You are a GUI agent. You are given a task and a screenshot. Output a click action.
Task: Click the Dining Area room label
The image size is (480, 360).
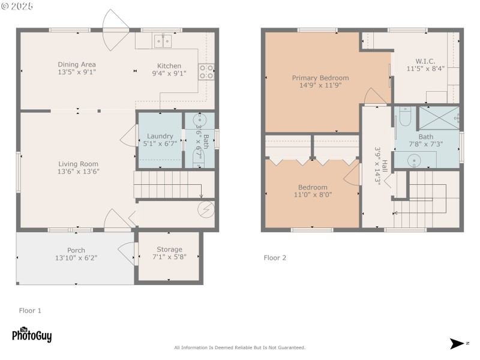pos(77,65)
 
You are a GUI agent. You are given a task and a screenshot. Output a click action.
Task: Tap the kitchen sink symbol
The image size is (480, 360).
pos(163,41)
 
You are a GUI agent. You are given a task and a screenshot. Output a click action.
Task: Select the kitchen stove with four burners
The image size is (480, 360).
pos(206,72)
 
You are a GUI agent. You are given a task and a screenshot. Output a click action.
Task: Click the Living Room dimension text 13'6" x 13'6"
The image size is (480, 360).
pos(78,172)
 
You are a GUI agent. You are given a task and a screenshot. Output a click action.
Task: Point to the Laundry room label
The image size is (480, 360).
pos(160,136)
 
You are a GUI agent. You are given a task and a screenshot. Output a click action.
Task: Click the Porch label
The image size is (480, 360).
pos(76,250)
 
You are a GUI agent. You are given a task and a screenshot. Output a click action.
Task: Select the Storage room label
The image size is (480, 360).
pos(169,250)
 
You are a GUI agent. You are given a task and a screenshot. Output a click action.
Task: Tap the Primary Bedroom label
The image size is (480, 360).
pos(320,78)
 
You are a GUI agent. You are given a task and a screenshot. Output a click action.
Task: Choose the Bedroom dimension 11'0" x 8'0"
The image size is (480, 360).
pos(313,194)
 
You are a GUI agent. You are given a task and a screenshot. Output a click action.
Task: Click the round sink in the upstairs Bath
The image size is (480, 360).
pos(413,160)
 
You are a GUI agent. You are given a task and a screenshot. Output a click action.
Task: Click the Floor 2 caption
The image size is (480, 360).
pos(275,258)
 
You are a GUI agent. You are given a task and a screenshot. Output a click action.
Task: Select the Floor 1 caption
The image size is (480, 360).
pos(30,311)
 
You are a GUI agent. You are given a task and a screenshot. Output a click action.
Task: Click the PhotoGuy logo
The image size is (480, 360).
pos(32,334)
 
